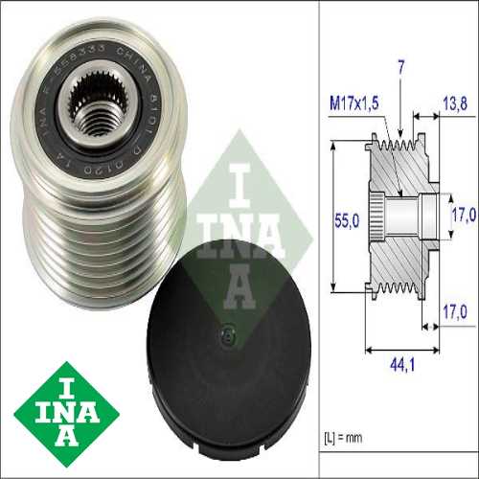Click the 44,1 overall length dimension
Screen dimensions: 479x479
[396, 364]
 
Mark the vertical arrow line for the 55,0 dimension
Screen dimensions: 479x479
[331, 216]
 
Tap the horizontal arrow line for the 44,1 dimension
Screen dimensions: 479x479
[396, 346]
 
